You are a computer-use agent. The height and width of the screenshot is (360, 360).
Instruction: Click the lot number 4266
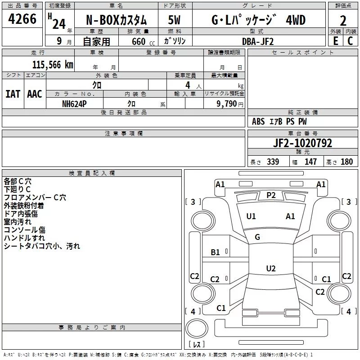pos(22,20)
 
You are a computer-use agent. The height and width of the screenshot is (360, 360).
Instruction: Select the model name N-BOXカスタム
pos(116,20)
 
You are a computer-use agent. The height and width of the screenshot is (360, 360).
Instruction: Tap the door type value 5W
pos(175,20)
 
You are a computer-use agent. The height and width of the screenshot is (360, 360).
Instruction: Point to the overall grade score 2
pos(343,20)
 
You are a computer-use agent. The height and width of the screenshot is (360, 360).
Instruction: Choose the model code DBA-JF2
pos(258,41)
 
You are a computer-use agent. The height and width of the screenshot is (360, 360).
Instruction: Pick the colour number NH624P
pos(75,103)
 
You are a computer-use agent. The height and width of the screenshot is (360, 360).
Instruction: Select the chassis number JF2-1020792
pos(302,143)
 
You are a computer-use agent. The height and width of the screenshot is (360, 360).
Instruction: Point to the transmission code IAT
pos(13,94)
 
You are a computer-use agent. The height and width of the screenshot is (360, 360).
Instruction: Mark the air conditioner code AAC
pos(35,94)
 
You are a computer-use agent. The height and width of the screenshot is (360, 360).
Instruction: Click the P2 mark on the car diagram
pos(271,195)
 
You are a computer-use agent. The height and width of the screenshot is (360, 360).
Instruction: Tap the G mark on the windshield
pos(257,237)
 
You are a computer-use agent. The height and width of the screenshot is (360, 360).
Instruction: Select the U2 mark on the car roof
pos(270,269)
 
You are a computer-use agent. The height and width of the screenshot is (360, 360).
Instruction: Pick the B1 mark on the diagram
pos(216,252)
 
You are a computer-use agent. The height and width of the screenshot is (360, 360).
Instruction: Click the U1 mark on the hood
pos(251,216)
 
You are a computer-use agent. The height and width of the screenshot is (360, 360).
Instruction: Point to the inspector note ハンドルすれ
pos(24,238)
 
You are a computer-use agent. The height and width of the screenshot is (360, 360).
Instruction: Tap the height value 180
pos(347,162)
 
